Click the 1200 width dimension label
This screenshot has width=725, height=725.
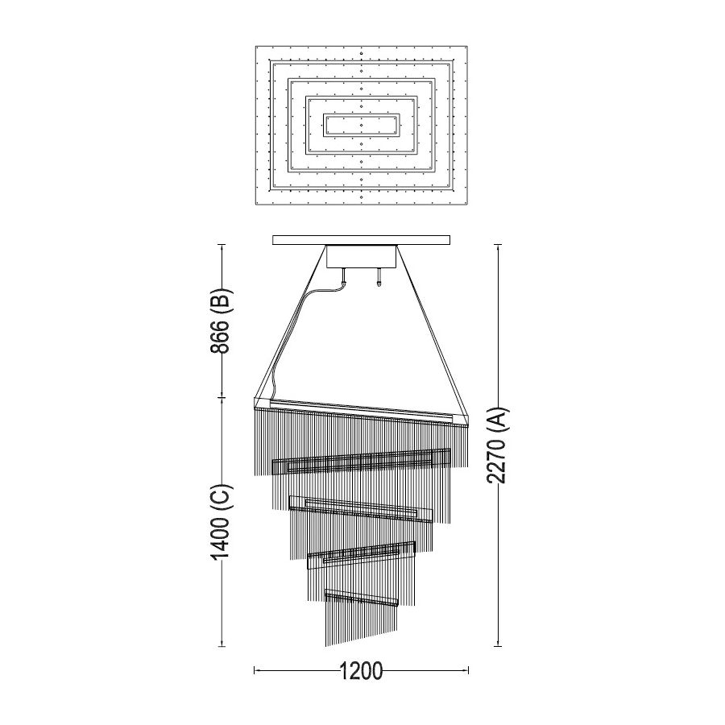click(361, 671)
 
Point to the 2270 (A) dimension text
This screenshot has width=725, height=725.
click(497, 445)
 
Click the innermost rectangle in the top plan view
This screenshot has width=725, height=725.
click(361, 114)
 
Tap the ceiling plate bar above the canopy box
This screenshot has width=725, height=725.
click(361, 240)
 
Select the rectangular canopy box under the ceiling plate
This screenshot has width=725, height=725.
click(361, 257)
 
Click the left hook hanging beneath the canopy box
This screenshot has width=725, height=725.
click(345, 276)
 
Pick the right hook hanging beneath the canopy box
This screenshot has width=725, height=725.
click(379, 276)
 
